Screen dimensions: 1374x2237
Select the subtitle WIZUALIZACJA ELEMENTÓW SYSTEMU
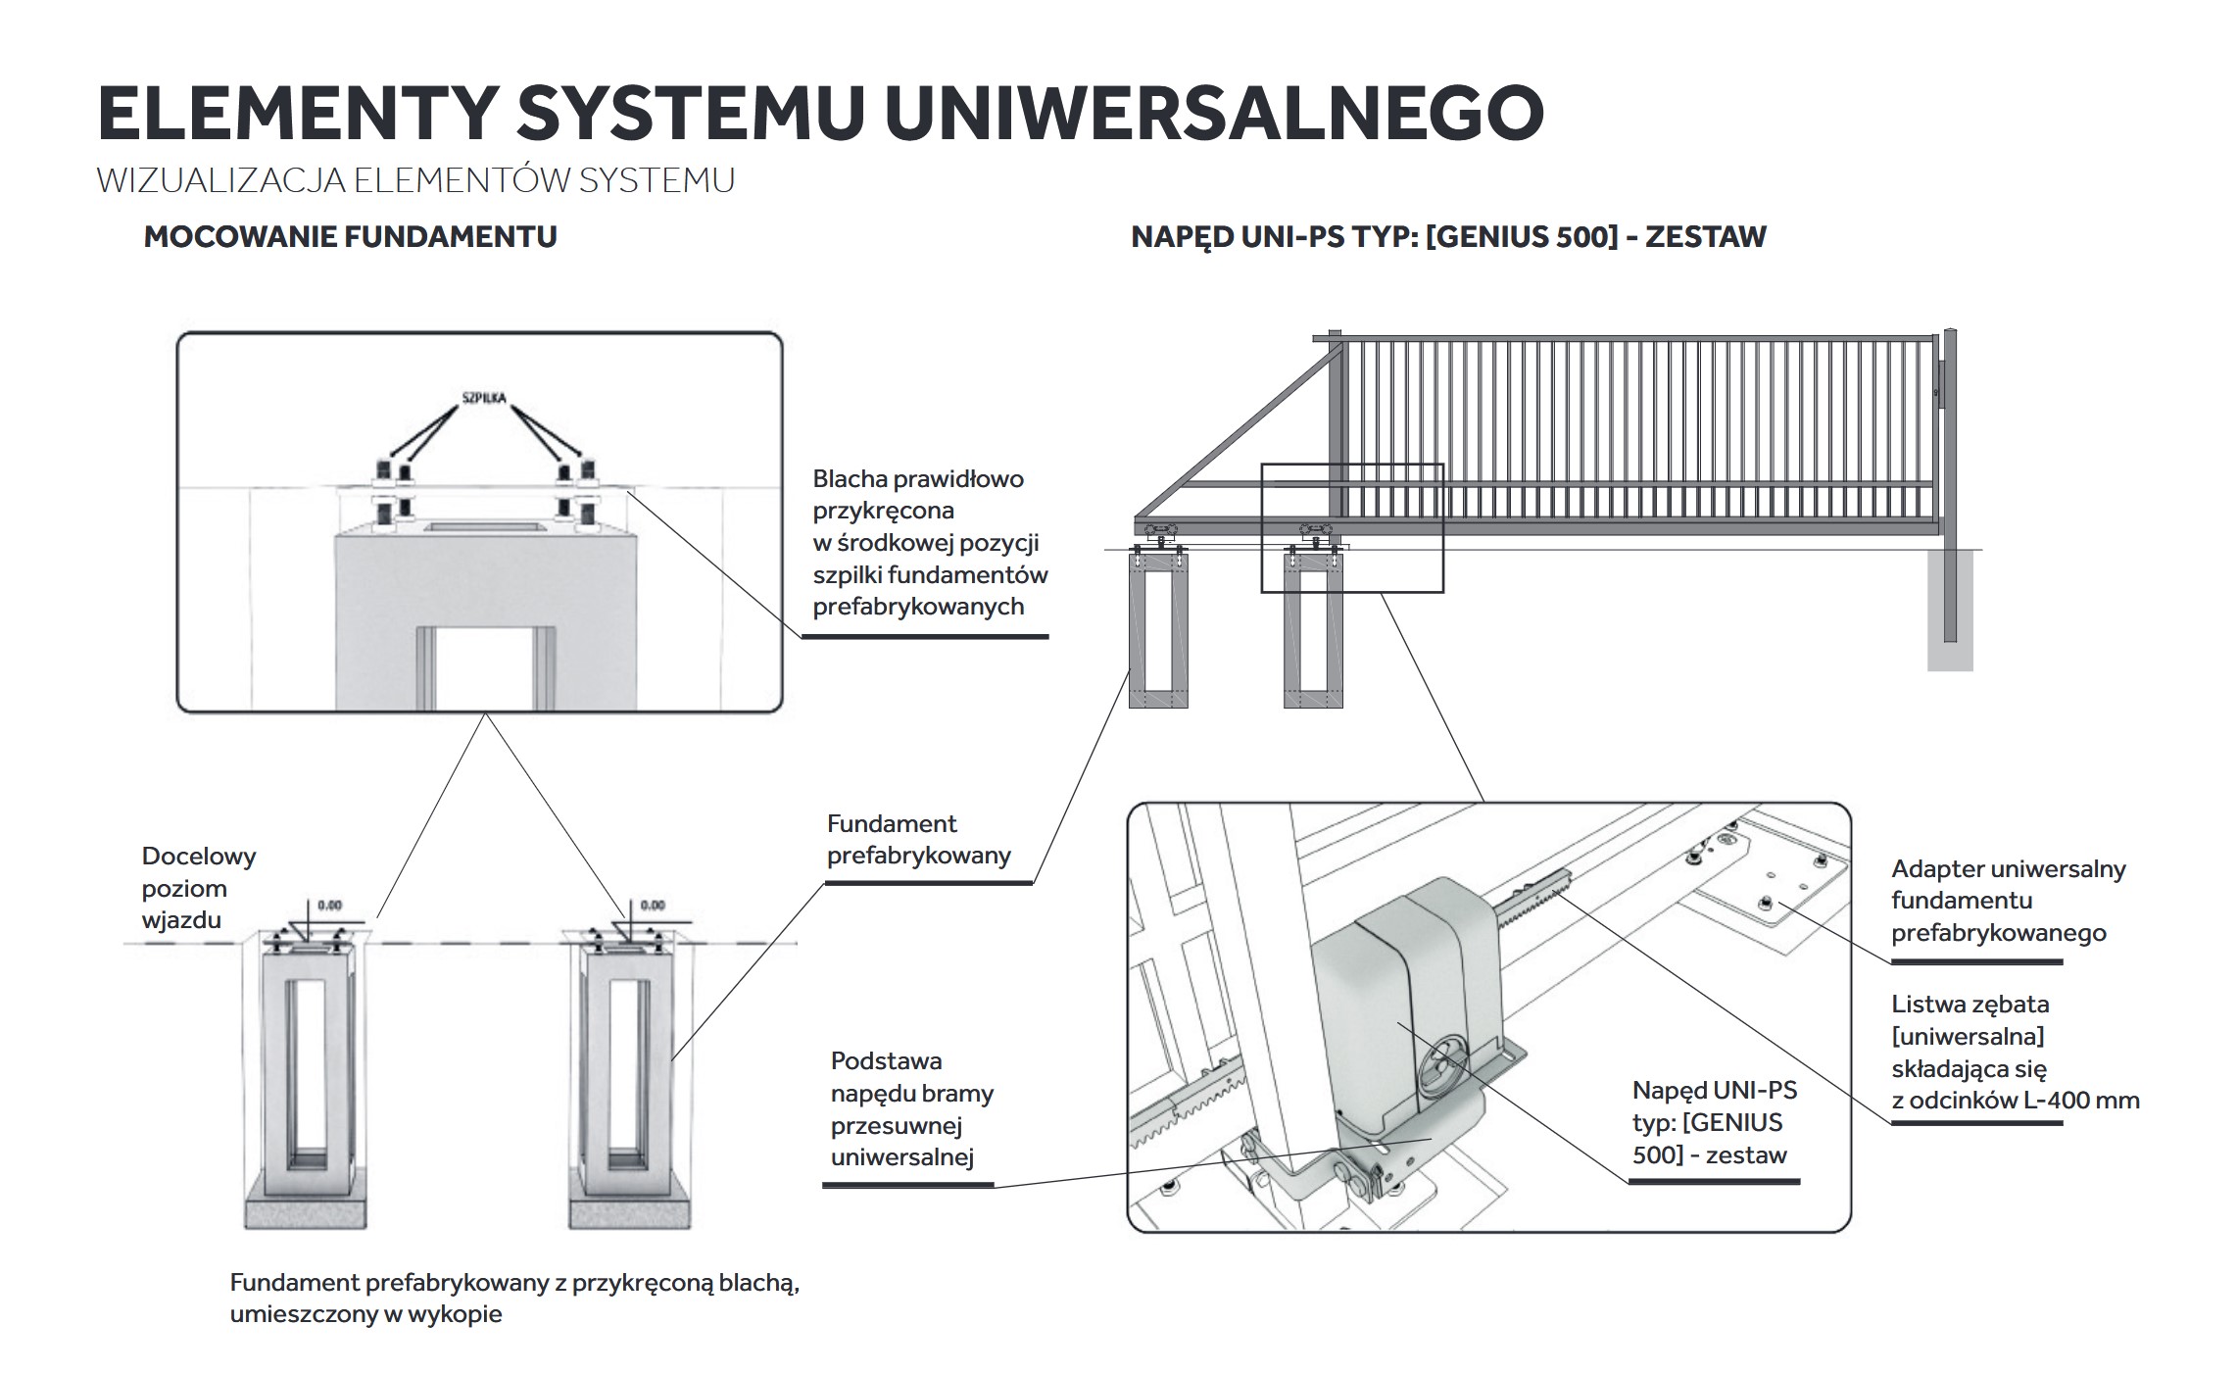tap(415, 181)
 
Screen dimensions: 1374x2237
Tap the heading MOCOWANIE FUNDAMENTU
tap(350, 237)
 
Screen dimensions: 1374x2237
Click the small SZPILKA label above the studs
tap(484, 399)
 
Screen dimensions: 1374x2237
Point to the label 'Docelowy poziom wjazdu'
tap(199, 888)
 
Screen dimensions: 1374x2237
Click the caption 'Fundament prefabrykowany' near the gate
tap(918, 840)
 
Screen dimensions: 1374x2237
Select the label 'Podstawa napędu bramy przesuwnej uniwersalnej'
tap(911, 1108)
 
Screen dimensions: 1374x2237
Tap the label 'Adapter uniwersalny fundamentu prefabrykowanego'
tap(2008, 900)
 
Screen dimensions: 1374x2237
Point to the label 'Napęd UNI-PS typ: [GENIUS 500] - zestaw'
tap(1715, 1122)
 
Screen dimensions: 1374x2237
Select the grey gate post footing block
tap(1949, 610)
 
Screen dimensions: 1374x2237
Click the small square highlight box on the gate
tap(1352, 527)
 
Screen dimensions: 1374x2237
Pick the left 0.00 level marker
tap(329, 906)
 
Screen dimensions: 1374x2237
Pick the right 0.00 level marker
tap(653, 906)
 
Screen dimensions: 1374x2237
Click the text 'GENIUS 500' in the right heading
tap(1522, 237)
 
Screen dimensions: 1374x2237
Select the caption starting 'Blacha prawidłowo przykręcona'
tap(929, 542)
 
